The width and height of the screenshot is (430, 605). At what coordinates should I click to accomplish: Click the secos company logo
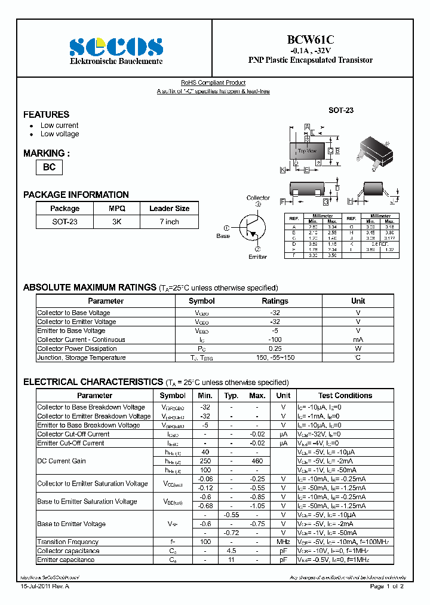[116, 46]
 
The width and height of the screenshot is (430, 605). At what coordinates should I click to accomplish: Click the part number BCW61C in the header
[310, 39]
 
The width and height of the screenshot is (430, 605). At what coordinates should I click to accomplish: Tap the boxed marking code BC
[49, 167]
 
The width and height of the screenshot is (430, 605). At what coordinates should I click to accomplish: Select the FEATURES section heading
[46, 114]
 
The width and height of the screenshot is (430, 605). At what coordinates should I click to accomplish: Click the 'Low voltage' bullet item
[60, 134]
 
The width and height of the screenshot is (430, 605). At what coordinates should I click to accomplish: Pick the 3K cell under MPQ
[116, 222]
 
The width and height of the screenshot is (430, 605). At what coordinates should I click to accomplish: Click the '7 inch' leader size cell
[169, 222]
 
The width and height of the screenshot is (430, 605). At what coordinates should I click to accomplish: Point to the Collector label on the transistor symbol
[258, 198]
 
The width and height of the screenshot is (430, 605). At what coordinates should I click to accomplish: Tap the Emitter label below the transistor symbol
[257, 256]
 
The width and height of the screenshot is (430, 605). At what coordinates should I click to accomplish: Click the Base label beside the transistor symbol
[223, 236]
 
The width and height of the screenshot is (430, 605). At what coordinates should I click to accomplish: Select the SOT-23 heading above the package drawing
[341, 111]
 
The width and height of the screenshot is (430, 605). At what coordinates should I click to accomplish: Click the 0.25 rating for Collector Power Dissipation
[275, 349]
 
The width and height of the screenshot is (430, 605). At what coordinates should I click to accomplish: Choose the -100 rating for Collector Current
[275, 340]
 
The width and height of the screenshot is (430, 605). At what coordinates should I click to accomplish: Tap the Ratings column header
[275, 301]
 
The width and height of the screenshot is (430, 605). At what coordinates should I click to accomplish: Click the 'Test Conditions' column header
[345, 395]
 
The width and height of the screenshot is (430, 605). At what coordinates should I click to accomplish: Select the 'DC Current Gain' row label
[62, 461]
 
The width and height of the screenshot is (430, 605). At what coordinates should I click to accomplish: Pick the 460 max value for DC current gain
[257, 461]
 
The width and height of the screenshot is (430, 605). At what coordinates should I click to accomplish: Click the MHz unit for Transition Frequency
[283, 542]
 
